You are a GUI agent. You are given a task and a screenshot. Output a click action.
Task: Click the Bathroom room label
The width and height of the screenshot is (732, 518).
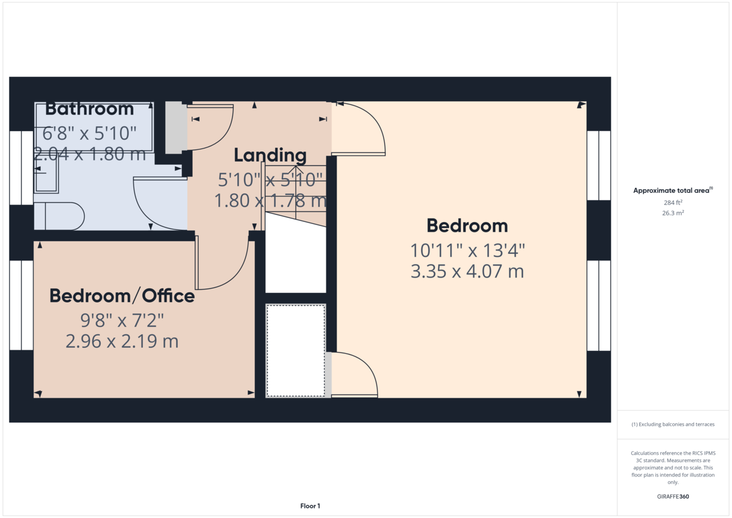coord(90,109)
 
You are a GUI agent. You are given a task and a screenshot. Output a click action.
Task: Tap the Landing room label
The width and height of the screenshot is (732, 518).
coord(270,155)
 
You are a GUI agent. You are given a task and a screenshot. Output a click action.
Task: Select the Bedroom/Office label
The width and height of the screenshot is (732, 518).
coord(122,296)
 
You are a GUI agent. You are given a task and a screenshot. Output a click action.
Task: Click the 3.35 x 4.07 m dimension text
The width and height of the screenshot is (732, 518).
coord(467,272)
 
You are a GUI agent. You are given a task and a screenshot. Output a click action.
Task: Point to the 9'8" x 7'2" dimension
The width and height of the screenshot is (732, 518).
coord(122,320)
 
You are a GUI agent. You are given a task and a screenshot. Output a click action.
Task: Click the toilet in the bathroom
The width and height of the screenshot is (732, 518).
coord(59,216)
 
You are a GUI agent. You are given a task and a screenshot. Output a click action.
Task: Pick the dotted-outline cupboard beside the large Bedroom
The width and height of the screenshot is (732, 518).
coord(296,351)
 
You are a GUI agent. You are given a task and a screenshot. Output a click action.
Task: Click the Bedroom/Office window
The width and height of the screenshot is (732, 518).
coord(21,305)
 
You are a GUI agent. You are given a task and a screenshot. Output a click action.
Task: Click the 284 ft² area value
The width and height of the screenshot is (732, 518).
coord(673,203)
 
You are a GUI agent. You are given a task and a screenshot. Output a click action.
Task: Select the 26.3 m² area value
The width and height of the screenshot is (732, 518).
coord(673,213)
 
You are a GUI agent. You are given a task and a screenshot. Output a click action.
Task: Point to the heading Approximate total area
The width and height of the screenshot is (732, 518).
coord(673,190)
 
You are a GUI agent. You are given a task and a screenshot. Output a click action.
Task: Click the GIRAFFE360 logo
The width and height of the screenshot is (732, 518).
coord(673,497)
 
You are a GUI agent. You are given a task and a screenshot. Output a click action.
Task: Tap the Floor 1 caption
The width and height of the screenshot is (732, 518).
coord(310,506)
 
